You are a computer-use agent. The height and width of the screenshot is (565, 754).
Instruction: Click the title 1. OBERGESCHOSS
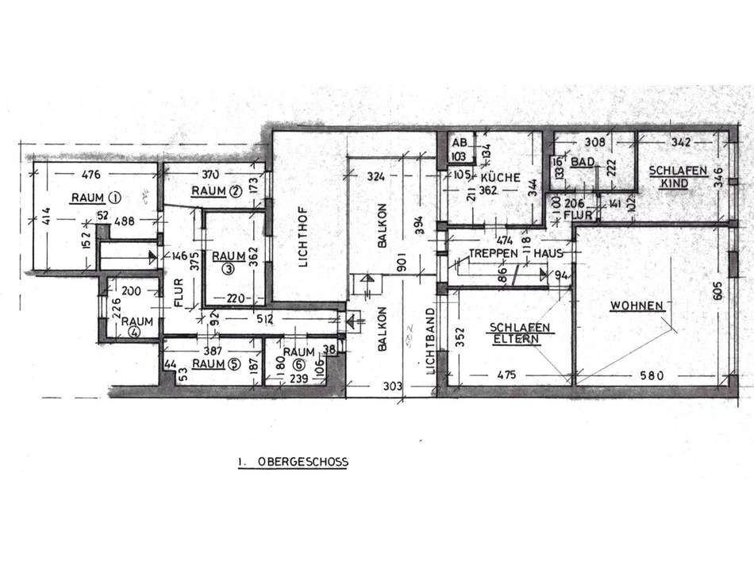tap(293, 461)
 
